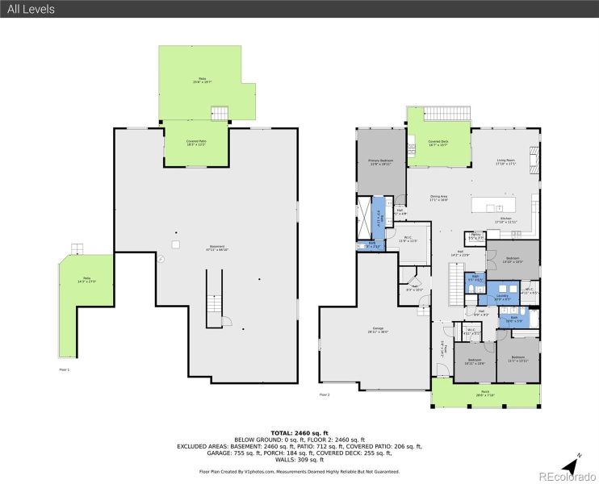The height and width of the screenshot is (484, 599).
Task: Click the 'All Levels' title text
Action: pos(32,9)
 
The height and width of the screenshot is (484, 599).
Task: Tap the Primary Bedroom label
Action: pos(381,161)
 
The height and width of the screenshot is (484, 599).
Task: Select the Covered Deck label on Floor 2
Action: pos(438,143)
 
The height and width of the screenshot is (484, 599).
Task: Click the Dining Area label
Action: pos(438,197)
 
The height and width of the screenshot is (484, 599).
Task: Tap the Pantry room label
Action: pos(476,236)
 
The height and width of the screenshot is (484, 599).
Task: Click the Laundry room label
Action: pos(502,297)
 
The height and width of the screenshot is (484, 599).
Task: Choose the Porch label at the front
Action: pos(484,394)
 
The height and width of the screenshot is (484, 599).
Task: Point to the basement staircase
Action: pos(214,298)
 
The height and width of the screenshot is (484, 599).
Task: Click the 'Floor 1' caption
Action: pos(65,369)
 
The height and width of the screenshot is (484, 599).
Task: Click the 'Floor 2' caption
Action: pos(325,394)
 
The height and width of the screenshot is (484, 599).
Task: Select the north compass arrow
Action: pos(572,465)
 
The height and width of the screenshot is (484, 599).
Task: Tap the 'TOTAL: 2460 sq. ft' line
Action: pos(299,433)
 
